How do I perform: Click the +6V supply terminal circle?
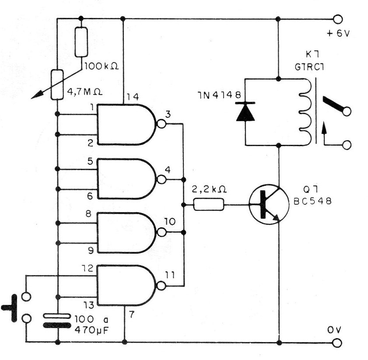click(337, 19)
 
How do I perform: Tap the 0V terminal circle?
click(337, 342)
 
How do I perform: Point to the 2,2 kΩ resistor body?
click(209, 204)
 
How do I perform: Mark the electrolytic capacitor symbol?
click(58, 321)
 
